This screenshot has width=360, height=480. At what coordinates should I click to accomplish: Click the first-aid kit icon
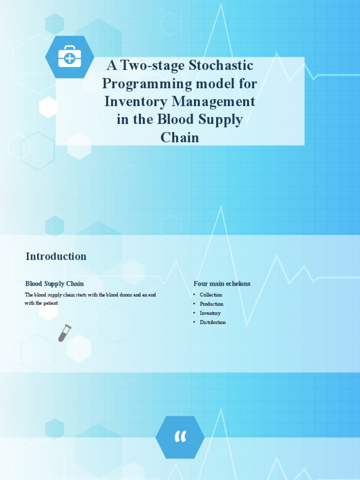click(69, 57)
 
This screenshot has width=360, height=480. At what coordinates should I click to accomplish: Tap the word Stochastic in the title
click(221, 66)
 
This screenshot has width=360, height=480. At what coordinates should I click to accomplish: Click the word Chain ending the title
click(180, 137)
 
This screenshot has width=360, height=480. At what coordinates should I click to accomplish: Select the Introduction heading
click(56, 256)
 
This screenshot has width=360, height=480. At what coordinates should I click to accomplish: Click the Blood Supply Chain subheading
click(54, 284)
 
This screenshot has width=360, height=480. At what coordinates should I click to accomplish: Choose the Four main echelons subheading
click(222, 284)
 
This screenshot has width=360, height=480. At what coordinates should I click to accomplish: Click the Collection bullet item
click(211, 295)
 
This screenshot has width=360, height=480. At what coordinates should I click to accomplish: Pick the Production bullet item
click(211, 304)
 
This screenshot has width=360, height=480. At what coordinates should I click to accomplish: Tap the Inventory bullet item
click(210, 313)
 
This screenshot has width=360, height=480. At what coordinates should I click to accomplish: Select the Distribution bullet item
click(213, 322)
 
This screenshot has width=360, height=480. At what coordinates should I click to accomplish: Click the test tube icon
click(64, 333)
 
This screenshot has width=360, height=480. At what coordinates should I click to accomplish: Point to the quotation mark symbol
click(180, 437)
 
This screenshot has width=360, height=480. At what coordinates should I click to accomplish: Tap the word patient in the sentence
click(51, 303)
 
